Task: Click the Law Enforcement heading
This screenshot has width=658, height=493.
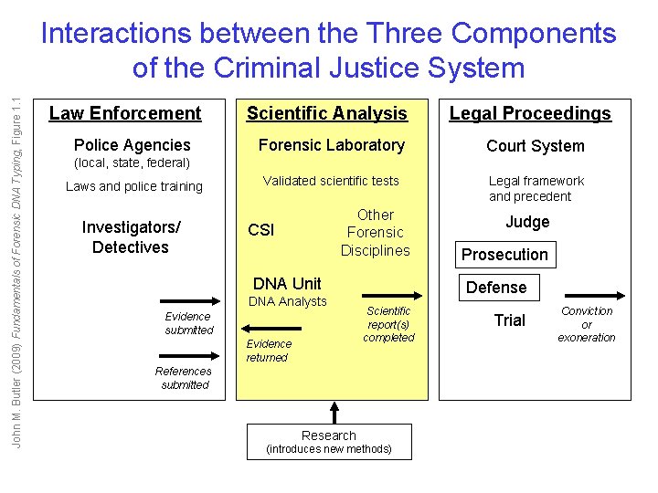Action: [125, 113]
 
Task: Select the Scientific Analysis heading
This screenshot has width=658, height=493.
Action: [327, 113]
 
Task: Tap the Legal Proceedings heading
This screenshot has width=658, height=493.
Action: [530, 113]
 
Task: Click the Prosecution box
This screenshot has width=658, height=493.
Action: [504, 255]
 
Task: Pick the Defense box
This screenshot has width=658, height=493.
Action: [496, 288]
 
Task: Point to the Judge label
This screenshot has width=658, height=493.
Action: [527, 222]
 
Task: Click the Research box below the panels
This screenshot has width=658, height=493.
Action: [329, 442]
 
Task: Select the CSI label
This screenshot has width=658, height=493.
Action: [261, 230]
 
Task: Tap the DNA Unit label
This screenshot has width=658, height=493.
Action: [287, 283]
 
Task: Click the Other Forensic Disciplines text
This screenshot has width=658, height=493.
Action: [376, 233]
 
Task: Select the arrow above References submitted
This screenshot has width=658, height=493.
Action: [185, 356]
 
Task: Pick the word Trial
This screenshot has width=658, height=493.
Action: [510, 320]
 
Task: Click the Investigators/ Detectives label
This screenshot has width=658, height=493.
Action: [131, 237]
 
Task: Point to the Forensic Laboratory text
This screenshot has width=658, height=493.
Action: [331, 145]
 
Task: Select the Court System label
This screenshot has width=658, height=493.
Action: [535, 146]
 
